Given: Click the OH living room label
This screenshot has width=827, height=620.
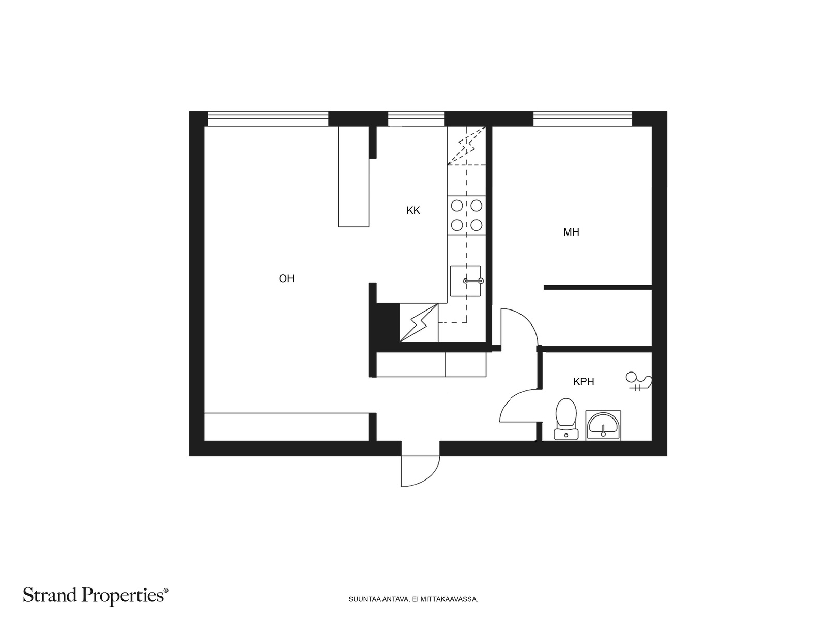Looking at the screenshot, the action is pyautogui.click(x=286, y=278).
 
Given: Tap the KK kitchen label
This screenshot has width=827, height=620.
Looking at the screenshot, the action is pyautogui.click(x=413, y=210).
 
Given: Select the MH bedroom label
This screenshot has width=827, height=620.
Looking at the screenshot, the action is pyautogui.click(x=571, y=233).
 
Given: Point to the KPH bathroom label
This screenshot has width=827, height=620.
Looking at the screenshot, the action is pyautogui.click(x=584, y=382).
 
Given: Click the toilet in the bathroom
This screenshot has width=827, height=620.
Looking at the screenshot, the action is pyautogui.click(x=566, y=419).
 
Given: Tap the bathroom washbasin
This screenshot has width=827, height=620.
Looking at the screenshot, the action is pyautogui.click(x=603, y=425).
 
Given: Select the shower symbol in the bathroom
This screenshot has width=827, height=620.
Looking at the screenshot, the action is pyautogui.click(x=638, y=381).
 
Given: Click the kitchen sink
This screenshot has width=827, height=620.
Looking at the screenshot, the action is pyautogui.click(x=465, y=281).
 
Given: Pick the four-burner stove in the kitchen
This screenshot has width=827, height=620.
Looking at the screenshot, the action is pyautogui.click(x=466, y=215).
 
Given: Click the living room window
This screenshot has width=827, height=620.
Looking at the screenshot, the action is pyautogui.click(x=268, y=119).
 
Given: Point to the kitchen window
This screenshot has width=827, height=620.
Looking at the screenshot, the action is pyautogui.click(x=416, y=119).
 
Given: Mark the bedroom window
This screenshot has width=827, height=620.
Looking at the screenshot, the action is pyautogui.click(x=583, y=119).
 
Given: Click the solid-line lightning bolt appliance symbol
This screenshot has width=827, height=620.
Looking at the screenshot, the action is pyautogui.click(x=419, y=322).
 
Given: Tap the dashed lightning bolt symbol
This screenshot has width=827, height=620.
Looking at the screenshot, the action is pyautogui.click(x=466, y=145).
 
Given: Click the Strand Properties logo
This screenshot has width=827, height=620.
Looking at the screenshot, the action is pyautogui.click(x=96, y=596).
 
